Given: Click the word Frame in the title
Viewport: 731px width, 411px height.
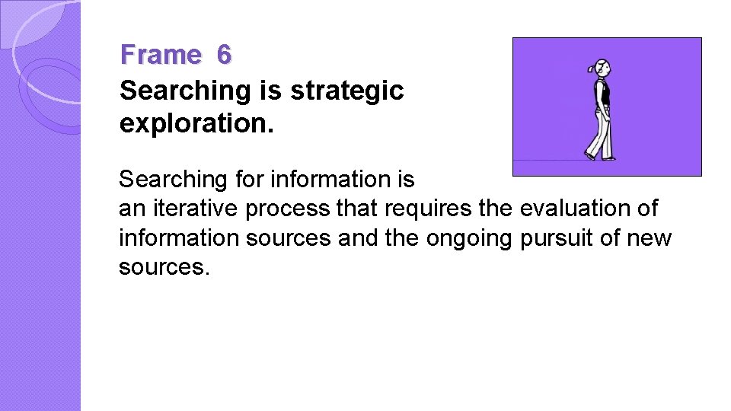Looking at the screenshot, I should pyautogui.click(x=160, y=55).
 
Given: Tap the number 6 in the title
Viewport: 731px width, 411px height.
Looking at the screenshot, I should pyautogui.click(x=223, y=55).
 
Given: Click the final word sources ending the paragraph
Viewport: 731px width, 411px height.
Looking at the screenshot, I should pyautogui.click(x=162, y=268).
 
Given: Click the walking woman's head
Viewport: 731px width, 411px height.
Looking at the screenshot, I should pyautogui.click(x=604, y=68).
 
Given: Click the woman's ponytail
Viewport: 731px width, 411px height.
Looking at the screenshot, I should pyautogui.click(x=593, y=68).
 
